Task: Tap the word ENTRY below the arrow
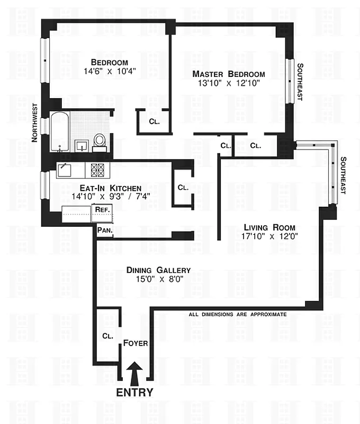(x=134, y=393)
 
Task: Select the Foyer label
(x=135, y=343)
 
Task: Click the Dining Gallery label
(x=158, y=270)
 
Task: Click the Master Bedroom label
(x=228, y=74)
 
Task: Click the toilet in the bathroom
(x=100, y=140)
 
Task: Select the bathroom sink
(x=82, y=144)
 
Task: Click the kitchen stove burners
(x=98, y=170)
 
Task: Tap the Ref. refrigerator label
(x=102, y=209)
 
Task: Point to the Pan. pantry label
(x=104, y=231)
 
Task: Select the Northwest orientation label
(x=35, y=122)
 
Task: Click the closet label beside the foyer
(x=107, y=336)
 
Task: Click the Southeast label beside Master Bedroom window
(x=300, y=82)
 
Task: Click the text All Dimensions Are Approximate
(x=238, y=314)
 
